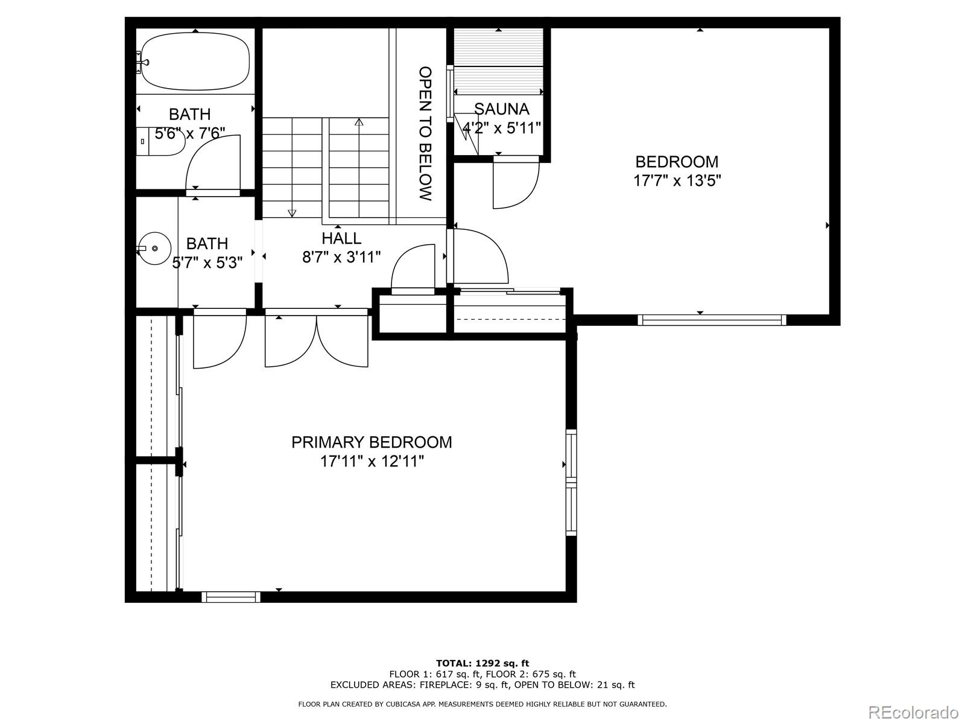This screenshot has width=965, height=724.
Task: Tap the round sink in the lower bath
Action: (x=154, y=248)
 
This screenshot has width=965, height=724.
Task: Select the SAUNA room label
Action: (x=501, y=109)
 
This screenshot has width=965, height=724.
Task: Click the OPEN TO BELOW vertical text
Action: (x=426, y=133)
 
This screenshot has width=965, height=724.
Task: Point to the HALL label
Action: (x=341, y=238)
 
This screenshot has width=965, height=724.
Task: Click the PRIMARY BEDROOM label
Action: (x=372, y=442)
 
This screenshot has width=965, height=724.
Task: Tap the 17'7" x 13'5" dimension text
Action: (x=677, y=181)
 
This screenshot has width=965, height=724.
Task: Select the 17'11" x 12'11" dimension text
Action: (x=372, y=462)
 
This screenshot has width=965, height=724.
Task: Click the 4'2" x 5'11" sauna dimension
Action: (x=501, y=129)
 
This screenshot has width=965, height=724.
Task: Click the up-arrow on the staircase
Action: (x=359, y=122)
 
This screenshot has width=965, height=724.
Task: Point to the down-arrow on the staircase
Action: (x=292, y=212)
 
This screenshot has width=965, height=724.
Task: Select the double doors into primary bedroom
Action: (x=317, y=341)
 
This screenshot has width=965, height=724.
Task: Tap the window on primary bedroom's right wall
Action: (x=571, y=481)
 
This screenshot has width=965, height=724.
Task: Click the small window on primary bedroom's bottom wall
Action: (x=231, y=597)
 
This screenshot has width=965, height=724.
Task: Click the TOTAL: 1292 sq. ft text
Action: (x=482, y=663)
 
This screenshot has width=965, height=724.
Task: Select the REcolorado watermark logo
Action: (x=916, y=711)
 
